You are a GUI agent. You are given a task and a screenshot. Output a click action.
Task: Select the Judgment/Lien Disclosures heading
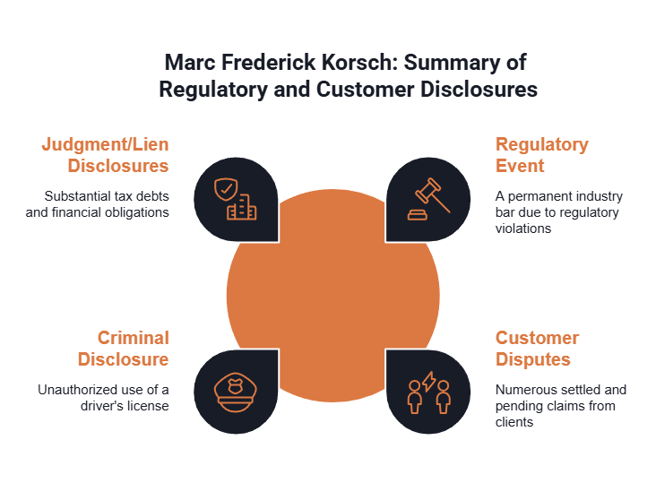point(106,155)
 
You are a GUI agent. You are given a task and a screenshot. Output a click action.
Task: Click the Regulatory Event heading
point(542,155)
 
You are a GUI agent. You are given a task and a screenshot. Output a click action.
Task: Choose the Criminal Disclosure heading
point(124,349)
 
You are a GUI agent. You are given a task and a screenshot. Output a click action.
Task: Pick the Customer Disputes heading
point(537,349)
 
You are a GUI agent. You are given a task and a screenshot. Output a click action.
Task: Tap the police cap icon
point(236,392)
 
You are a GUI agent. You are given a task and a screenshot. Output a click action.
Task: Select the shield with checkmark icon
point(226,190)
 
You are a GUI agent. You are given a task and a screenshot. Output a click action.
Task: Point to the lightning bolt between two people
point(429,381)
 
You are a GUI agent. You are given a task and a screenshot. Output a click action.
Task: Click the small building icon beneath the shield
point(242,207)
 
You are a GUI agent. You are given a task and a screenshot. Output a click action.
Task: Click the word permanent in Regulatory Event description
point(531,196)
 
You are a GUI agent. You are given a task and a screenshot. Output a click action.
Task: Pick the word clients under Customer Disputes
point(514,422)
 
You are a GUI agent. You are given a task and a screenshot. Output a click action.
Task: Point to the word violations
point(523,229)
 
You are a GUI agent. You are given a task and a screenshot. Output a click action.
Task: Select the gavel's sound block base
point(418,214)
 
